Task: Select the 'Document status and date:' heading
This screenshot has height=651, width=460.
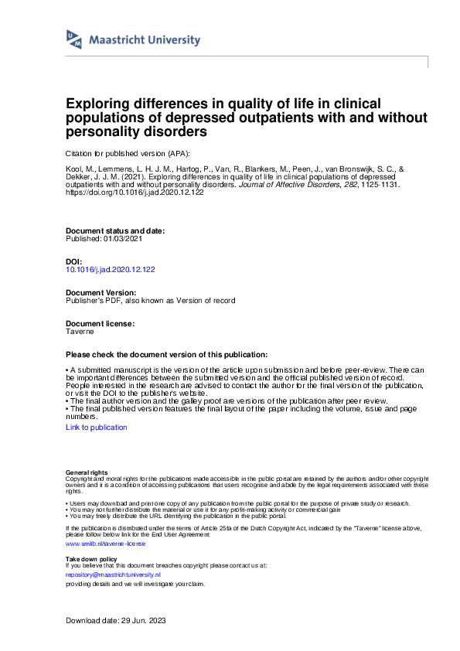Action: coord(115,231)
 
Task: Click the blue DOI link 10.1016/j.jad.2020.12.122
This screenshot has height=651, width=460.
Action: coord(111,270)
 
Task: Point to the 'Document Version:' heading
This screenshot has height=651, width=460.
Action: coord(101,293)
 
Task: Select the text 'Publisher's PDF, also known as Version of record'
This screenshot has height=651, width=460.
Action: coord(151,300)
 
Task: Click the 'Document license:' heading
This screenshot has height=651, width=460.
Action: coord(101,323)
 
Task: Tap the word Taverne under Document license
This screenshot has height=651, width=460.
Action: coord(80,331)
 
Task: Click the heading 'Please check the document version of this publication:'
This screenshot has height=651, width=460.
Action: coord(167,353)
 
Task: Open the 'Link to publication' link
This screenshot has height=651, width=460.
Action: coord(97,427)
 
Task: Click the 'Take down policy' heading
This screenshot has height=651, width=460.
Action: coord(91,558)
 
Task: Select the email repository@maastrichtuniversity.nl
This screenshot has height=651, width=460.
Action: coord(113,575)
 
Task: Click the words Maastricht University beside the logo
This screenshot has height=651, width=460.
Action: coord(144,40)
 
